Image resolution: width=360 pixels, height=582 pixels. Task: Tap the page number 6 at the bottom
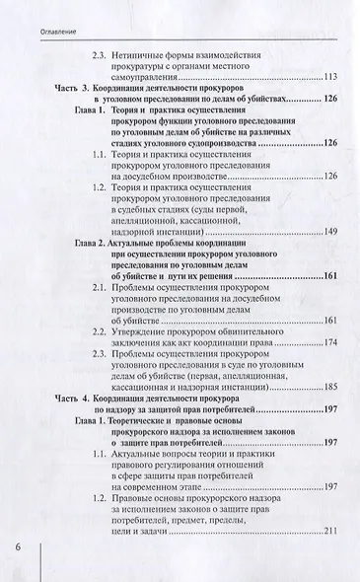[x=17, y=547]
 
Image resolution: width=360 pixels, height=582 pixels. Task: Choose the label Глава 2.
[x=92, y=242]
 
